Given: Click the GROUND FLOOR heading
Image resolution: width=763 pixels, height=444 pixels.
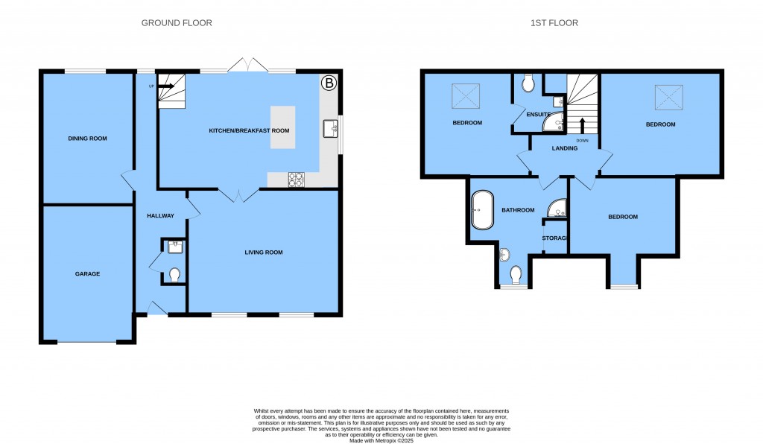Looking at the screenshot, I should click(177, 23).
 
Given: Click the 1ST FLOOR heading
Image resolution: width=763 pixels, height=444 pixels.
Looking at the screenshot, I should click(554, 23).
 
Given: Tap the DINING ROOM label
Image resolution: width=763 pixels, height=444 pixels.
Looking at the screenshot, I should click(87, 139).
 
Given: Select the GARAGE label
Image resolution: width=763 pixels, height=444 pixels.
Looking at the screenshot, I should click(87, 274).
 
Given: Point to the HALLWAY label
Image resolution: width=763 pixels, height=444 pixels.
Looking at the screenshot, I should click(160, 216).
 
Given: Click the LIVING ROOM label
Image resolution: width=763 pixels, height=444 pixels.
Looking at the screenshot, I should click(264, 253).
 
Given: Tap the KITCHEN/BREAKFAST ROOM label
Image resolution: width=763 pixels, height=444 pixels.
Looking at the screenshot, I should click(248, 130).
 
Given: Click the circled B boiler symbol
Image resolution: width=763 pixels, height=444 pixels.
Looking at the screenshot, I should click(329, 83).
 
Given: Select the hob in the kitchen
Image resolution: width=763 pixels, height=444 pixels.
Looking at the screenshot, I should click(296, 178).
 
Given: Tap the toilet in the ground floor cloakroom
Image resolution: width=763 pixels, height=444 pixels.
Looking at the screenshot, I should click(175, 275).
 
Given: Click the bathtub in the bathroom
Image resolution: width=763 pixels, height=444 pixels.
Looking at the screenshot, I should click(481, 210).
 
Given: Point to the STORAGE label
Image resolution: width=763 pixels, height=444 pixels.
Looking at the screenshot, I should click(555, 238).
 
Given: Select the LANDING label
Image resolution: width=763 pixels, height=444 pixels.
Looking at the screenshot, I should click(564, 148).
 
